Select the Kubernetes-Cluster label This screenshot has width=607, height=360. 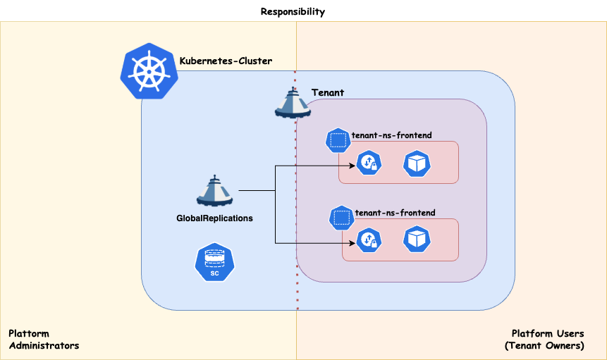click(x=226, y=61)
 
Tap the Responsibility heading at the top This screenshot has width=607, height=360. click(x=293, y=11)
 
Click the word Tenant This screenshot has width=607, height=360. click(x=328, y=93)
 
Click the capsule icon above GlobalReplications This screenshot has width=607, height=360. click(x=214, y=190)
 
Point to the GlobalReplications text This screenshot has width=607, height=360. click(x=214, y=218)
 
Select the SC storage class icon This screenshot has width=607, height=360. click(x=214, y=263)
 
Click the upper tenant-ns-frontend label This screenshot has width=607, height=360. click(x=391, y=135)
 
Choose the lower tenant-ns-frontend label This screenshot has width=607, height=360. click(x=395, y=212)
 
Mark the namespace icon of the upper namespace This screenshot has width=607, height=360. click(x=338, y=140)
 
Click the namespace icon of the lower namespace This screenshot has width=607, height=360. click(x=342, y=218)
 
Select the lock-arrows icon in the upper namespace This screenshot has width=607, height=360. click(x=368, y=163)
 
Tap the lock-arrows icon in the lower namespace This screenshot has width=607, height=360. click(x=368, y=241)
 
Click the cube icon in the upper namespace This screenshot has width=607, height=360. click(x=416, y=163)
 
